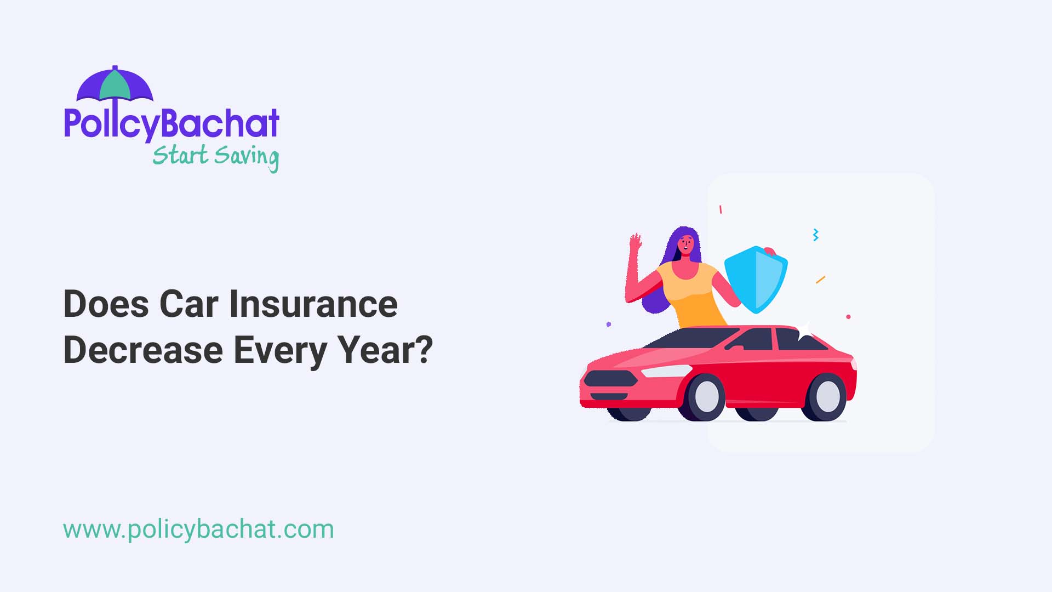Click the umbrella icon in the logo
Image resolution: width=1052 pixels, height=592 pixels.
click(x=115, y=85)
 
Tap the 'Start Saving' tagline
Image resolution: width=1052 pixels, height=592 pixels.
click(x=215, y=157)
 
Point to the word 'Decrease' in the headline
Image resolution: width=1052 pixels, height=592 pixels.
click(x=143, y=350)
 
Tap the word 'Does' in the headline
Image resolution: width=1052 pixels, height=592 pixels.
click(x=106, y=304)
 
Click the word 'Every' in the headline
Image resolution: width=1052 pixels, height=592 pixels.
click(x=280, y=351)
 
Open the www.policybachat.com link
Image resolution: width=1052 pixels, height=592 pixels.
click(x=198, y=530)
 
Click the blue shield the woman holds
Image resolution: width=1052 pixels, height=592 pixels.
click(x=756, y=279)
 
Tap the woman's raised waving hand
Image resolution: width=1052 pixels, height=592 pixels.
click(x=636, y=243)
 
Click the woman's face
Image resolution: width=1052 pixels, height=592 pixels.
click(x=686, y=244)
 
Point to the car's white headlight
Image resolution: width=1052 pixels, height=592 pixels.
click(x=665, y=371)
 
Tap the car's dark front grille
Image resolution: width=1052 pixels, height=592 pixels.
click(x=610, y=379)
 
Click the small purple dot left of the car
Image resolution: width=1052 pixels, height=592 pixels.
click(x=609, y=325)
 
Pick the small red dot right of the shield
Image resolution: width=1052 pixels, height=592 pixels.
click(x=849, y=317)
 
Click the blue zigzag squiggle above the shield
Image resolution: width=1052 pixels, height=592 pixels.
click(x=816, y=235)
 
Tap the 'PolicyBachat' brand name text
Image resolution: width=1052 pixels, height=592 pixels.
click(x=171, y=124)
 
